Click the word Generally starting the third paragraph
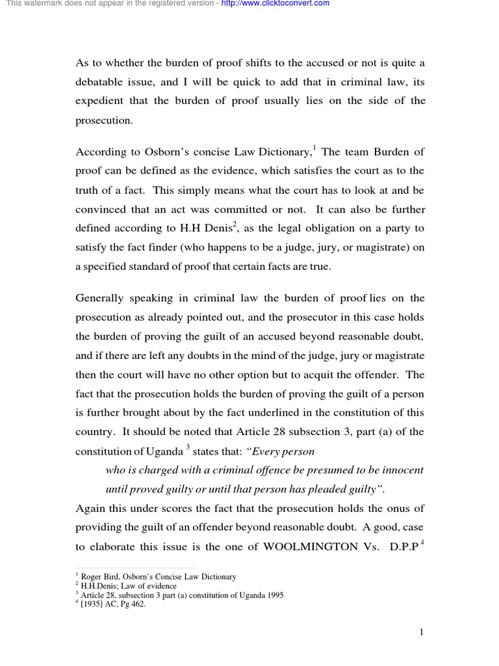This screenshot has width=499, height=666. click(103, 299)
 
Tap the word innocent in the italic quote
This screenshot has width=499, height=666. click(400, 470)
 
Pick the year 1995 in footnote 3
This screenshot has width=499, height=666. click(273, 595)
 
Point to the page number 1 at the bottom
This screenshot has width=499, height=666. click(421, 632)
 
